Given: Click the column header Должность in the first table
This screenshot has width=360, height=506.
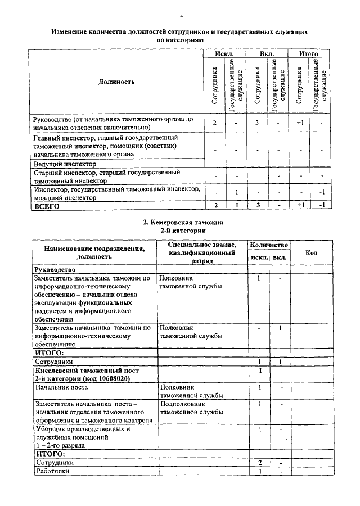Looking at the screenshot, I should pos(116,82).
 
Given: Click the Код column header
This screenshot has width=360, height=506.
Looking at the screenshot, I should pos(311,253).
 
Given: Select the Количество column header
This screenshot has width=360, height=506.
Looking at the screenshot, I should pos(269,245).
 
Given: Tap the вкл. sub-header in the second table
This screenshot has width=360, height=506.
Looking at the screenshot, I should pos(280,258).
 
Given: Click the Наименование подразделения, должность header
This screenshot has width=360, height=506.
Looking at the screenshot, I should pos(90,252).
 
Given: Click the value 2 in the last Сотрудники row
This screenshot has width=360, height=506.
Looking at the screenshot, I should pos(260,462).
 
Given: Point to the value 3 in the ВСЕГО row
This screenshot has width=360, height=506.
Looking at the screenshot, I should pos(256,206).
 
